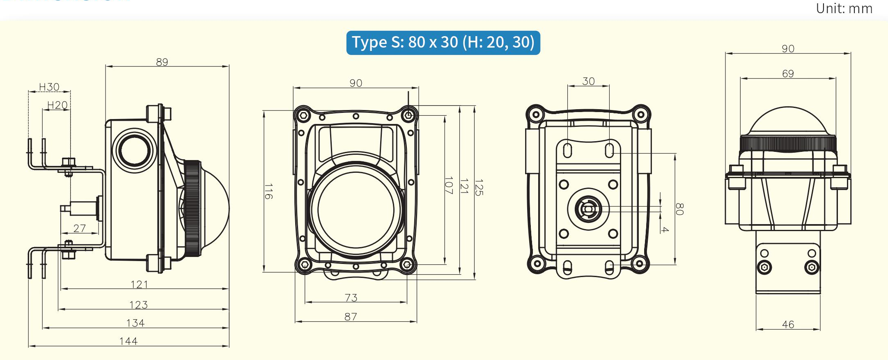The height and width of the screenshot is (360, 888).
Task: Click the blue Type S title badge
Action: pyautogui.click(x=443, y=43)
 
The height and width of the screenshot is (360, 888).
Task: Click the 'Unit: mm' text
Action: pyautogui.click(x=844, y=9)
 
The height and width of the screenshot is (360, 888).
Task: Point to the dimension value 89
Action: pyautogui.click(x=162, y=62)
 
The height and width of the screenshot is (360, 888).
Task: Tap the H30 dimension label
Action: pyautogui.click(x=49, y=87)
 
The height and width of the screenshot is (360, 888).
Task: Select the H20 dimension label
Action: pyautogui.click(x=57, y=105)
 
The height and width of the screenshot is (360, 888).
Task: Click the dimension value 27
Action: pyautogui.click(x=80, y=228)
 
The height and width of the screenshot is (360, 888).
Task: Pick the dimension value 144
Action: pyautogui.click(x=128, y=341)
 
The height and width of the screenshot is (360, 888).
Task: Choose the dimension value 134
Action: pyautogui.click(x=135, y=323)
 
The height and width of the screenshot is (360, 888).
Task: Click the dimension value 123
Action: pyautogui.click(x=138, y=305)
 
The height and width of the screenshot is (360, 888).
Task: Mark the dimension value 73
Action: pyautogui.click(x=351, y=298)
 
